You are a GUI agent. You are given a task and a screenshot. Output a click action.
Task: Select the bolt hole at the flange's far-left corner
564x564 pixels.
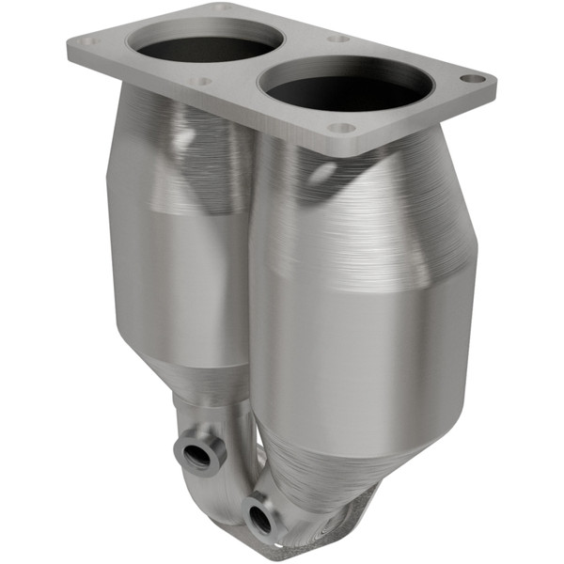pyautogui.click(x=87, y=42)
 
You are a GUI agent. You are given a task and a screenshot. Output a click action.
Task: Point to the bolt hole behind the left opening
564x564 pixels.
pyautogui.click(x=223, y=8)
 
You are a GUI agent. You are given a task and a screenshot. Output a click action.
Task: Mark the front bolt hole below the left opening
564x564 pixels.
pyautogui.click(x=199, y=82)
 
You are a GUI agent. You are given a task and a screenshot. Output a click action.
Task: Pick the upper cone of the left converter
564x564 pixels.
pyautogui.click(x=169, y=141)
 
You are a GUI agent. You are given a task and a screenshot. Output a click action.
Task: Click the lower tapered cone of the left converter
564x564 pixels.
pyautogui.click(x=202, y=385)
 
